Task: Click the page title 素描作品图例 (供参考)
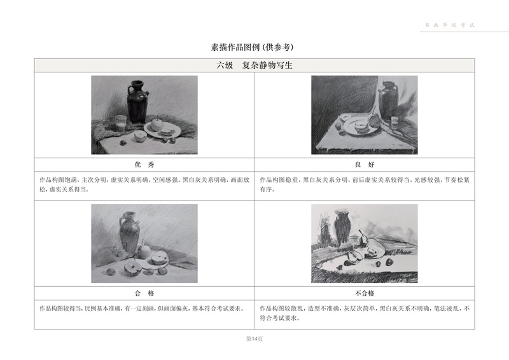point(252,48)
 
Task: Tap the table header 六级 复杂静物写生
point(254,66)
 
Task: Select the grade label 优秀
point(144,165)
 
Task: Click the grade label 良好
point(365,165)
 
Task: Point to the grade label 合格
point(144,293)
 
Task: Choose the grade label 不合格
point(365,293)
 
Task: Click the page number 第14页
point(254,339)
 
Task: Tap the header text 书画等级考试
point(450,25)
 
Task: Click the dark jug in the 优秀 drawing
point(137,102)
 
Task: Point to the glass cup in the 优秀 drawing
point(121,123)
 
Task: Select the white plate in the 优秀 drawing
point(162,130)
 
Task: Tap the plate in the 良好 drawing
point(361,127)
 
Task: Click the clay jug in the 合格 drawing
point(130,232)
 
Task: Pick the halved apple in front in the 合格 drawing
point(132,268)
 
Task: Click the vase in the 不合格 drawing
point(342,228)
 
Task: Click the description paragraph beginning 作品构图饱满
point(144,184)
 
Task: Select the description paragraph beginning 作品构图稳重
point(365,184)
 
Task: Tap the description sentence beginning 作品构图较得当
point(142,308)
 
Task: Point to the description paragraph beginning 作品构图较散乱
point(365,313)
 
